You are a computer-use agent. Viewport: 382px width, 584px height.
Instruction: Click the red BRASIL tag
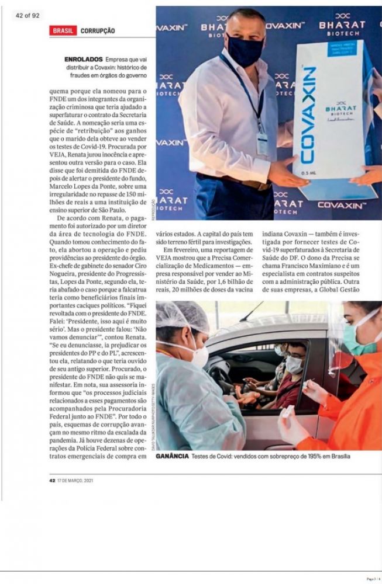63,31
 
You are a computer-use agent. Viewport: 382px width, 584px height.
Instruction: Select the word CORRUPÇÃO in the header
98,31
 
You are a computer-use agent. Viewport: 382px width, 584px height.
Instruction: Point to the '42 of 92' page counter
27,15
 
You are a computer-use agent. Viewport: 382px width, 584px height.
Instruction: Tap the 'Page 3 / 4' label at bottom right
371,579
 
